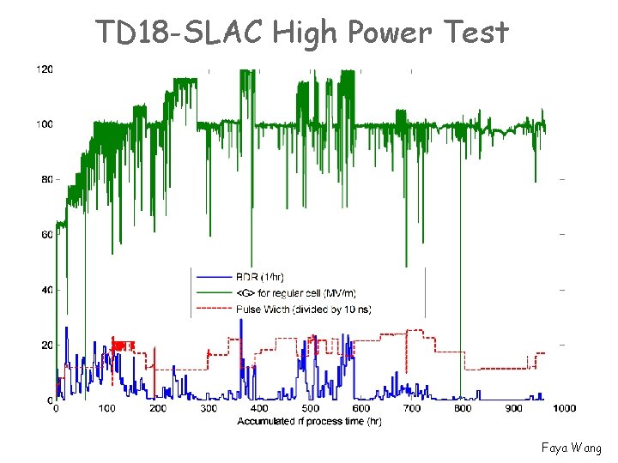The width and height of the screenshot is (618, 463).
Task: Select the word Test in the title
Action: [x=476, y=32]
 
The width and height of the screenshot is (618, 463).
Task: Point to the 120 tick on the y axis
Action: [x=44, y=69]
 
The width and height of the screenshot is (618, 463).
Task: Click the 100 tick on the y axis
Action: [x=44, y=124]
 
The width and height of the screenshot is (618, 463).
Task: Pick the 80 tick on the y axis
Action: [x=46, y=179]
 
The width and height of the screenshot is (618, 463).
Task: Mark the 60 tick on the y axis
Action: [x=46, y=234]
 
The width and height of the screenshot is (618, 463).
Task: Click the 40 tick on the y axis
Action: [x=46, y=290]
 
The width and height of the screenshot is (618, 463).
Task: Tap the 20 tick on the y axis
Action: [x=46, y=345]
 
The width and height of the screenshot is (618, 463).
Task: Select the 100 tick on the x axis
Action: [x=106, y=409]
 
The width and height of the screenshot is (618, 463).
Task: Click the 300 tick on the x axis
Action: [x=209, y=409]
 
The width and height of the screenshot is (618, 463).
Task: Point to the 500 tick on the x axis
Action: [x=310, y=409]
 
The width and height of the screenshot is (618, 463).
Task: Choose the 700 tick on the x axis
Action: [x=411, y=409]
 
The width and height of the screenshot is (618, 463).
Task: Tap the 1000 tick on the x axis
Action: [x=563, y=409]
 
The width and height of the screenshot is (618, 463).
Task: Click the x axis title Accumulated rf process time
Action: [x=309, y=421]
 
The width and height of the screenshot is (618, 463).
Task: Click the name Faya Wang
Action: [x=572, y=448]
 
